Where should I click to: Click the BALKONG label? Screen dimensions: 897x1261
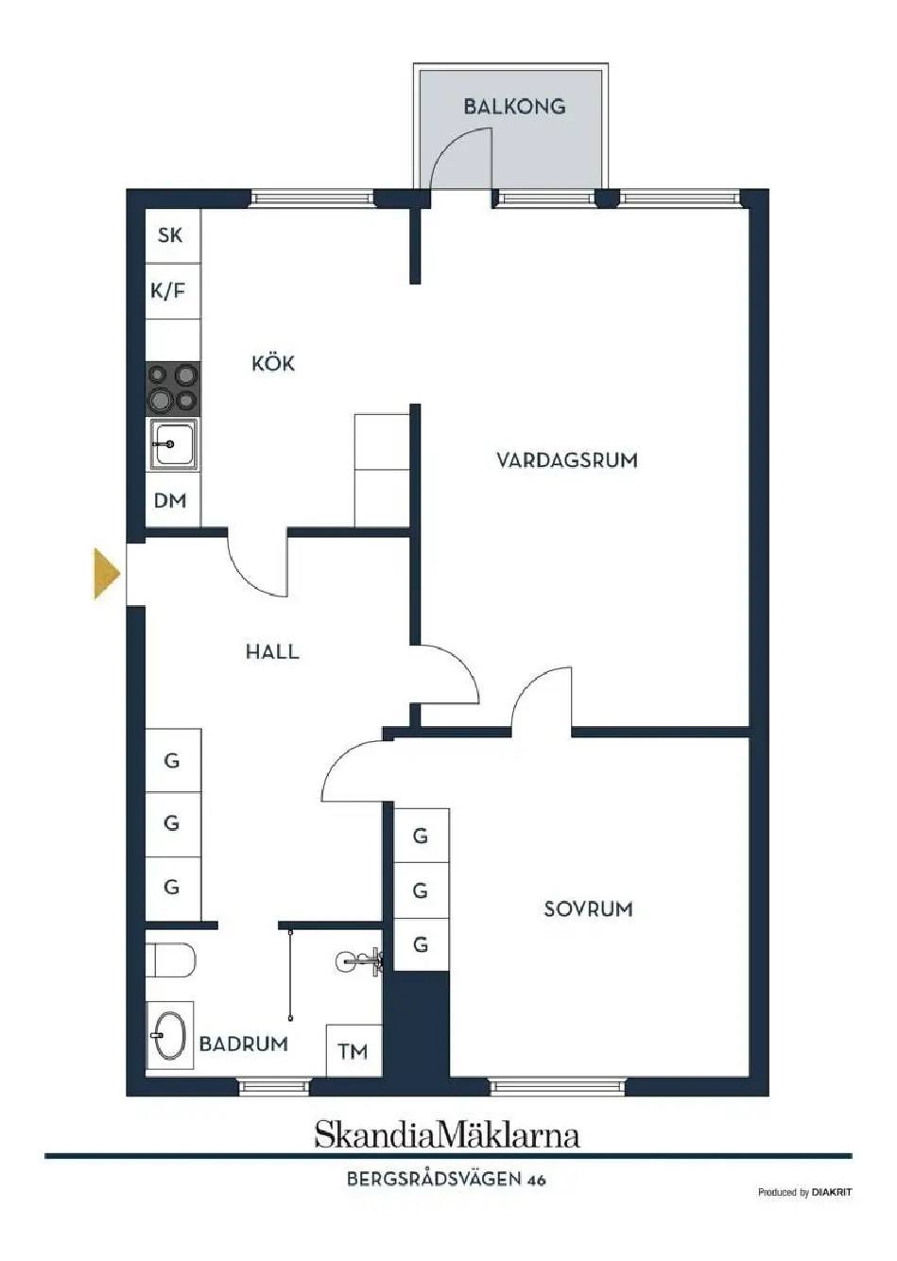click(x=514, y=107)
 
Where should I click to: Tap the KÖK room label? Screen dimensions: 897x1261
click(x=273, y=363)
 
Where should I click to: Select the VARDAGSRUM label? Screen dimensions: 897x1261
click(x=567, y=460)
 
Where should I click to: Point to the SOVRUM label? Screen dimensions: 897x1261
click(x=588, y=908)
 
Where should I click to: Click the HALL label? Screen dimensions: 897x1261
click(x=272, y=652)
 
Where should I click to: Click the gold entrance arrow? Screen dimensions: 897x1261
click(x=107, y=573)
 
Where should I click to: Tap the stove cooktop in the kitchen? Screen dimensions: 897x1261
click(x=173, y=389)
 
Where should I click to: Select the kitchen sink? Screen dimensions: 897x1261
click(x=173, y=444)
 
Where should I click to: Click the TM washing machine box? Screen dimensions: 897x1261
click(x=354, y=1050)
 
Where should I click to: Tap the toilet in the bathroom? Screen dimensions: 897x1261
click(x=170, y=961)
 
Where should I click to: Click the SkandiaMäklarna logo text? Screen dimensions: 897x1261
click(x=447, y=1135)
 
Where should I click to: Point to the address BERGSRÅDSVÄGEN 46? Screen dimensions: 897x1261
click(x=446, y=1180)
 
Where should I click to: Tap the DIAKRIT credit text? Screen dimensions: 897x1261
click(x=832, y=1192)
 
